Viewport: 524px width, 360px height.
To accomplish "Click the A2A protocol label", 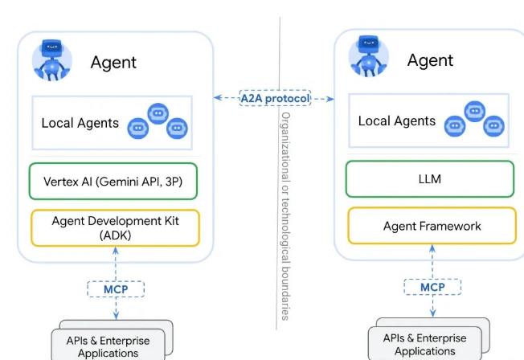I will tap(275, 99).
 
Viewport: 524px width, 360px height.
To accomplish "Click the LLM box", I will tap(429, 178).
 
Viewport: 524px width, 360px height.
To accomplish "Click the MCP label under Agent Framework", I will tap(432, 287).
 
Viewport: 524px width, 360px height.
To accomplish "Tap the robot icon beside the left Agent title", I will tap(51, 59).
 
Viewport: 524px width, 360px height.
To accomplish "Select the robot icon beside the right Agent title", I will tap(368, 58).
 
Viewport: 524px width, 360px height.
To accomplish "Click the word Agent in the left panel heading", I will tap(113, 62).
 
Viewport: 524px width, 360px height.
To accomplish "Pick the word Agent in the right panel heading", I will tap(430, 60).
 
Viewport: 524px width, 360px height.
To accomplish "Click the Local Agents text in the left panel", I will tap(80, 123).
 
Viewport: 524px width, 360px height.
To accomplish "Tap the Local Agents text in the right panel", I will tap(397, 121).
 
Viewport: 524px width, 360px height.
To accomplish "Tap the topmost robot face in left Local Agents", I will tap(158, 112).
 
